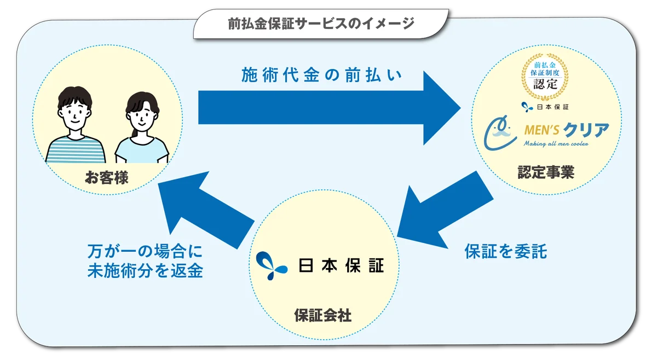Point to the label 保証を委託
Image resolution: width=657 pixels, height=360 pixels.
505,251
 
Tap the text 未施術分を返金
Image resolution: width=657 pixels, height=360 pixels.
145,271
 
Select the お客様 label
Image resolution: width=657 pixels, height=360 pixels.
107,177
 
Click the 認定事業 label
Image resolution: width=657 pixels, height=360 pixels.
546,173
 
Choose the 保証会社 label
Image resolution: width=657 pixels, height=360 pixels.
322,315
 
